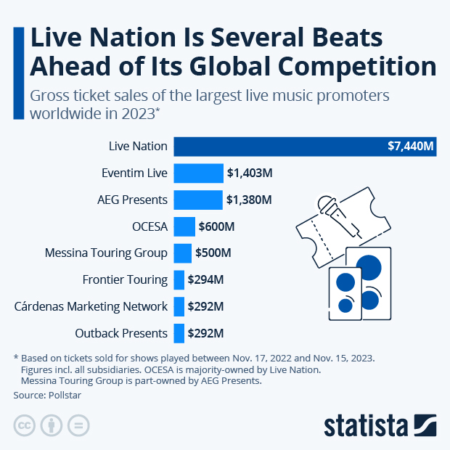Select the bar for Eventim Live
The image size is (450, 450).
click(198, 173)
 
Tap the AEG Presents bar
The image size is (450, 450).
click(197, 200)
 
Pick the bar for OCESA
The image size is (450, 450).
click(184, 226)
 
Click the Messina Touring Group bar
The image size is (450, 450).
click(182, 253)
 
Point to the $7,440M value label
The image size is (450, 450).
click(410, 147)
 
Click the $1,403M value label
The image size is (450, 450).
click(249, 173)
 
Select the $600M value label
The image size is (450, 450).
click(217, 227)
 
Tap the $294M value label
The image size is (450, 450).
click(205, 279)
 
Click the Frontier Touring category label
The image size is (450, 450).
click(126, 279)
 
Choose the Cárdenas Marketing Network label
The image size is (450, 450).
click(91, 306)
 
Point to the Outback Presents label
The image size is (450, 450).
click(121, 333)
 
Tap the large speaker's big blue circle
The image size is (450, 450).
click(369, 267)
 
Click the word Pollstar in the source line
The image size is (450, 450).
click(67, 396)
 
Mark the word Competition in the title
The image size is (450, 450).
click(352, 66)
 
